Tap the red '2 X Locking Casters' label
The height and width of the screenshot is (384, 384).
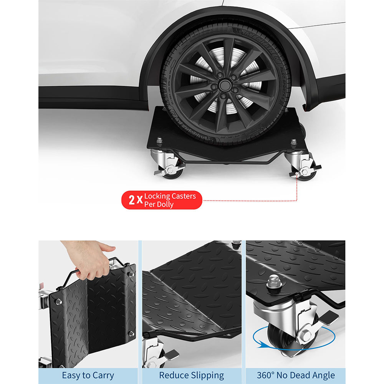(162, 200)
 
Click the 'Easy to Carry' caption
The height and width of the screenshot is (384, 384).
(88, 375)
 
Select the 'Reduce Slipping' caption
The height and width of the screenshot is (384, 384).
(192, 375)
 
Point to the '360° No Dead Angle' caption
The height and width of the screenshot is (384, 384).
(295, 375)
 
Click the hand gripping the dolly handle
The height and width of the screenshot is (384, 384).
(90, 259)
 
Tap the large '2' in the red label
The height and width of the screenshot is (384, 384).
(131, 200)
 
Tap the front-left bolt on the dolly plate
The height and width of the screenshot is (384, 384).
(159, 141)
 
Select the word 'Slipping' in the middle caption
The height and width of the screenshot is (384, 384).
(208, 375)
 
